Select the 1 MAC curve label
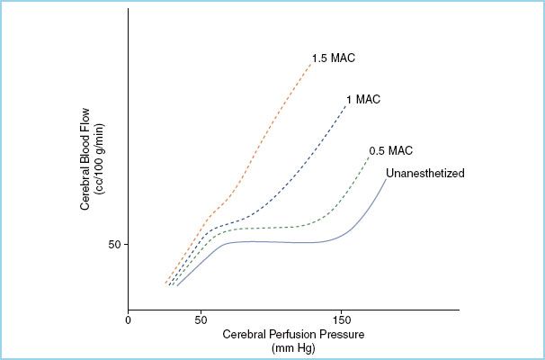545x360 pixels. [x=362, y=98]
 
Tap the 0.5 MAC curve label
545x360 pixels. [x=390, y=151]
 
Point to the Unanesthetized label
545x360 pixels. [x=424, y=174]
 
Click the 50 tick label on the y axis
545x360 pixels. [x=112, y=245]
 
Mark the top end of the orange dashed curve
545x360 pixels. [x=309, y=64]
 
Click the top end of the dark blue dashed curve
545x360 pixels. [x=347, y=103]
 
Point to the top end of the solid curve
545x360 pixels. [x=387, y=179]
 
